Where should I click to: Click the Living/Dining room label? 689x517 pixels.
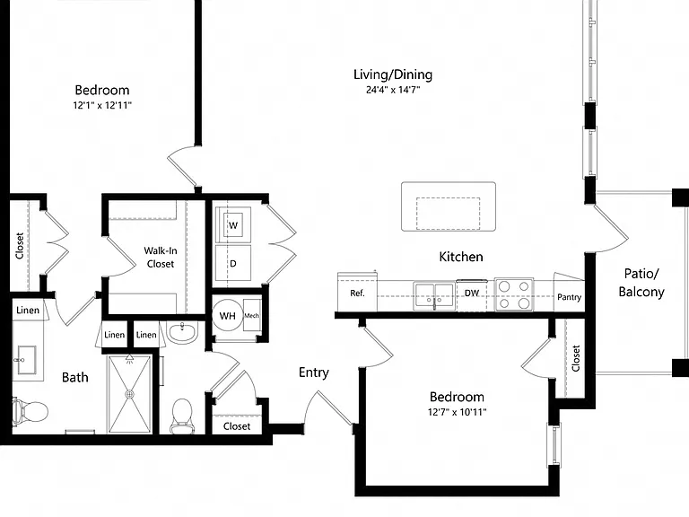tap(393, 74)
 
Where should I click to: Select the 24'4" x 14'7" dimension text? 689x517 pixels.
tap(393, 90)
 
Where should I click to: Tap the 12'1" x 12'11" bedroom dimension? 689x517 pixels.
tap(102, 106)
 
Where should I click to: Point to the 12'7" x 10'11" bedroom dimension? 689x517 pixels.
tap(457, 412)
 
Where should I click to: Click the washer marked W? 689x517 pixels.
tap(233, 225)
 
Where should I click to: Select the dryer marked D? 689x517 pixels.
tap(233, 263)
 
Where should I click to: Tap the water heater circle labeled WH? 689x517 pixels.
tap(228, 316)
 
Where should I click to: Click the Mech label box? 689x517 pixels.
tap(252, 316)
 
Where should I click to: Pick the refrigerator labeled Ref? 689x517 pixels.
tap(357, 293)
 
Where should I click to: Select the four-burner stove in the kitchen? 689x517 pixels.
tap(514, 294)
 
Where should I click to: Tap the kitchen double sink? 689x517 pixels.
tap(434, 296)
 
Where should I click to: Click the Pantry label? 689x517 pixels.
tap(569, 297)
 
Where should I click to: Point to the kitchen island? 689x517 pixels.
tap(449, 206)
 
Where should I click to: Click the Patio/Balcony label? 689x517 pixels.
tap(641, 283)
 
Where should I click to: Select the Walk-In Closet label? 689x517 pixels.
tap(161, 258)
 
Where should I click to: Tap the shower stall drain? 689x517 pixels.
tap(129, 394)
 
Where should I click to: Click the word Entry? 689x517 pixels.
tap(314, 372)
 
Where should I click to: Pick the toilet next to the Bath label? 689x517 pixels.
tap(30, 412)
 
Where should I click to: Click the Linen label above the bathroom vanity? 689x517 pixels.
tap(28, 311)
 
